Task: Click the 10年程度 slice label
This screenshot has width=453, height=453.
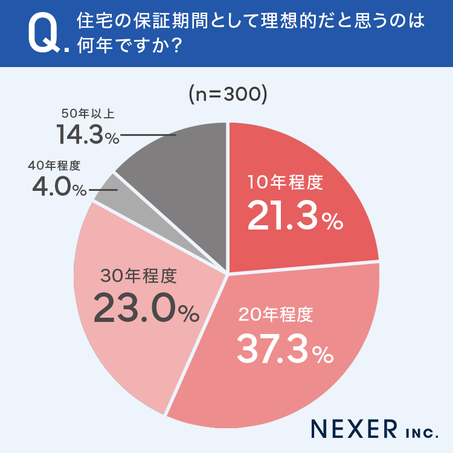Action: (x=286, y=182)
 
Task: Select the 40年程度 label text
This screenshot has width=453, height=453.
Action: (x=54, y=165)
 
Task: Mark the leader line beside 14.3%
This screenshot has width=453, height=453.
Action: (x=148, y=135)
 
